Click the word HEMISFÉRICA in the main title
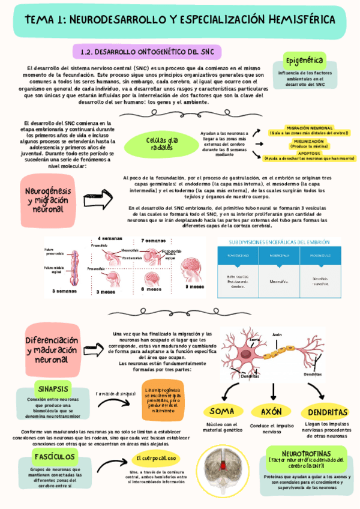(298, 20)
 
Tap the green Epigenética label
(305, 61)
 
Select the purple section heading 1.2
(146, 52)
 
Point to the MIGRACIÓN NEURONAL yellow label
(309, 130)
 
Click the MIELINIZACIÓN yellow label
(309, 143)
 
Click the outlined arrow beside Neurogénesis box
(98, 196)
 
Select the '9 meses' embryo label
(194, 286)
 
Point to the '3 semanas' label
(64, 291)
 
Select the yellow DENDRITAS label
(328, 412)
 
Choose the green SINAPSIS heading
(53, 387)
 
